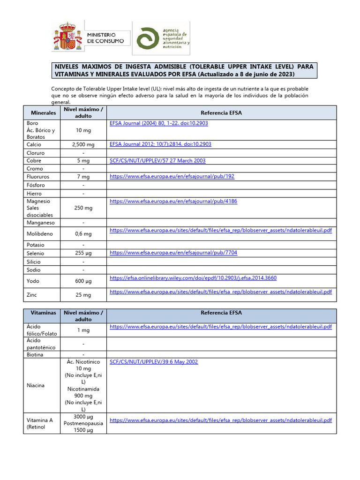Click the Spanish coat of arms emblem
click(x=66, y=37)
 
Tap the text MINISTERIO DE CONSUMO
click(x=106, y=38)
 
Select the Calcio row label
click(x=35, y=145)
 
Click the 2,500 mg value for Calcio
click(x=83, y=145)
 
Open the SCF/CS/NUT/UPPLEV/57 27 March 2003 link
click(x=157, y=161)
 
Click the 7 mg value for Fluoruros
click(x=83, y=177)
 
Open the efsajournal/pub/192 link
click(x=172, y=177)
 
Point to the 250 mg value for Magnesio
click(x=83, y=208)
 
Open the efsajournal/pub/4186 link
click(x=173, y=201)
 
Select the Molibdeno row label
click(x=40, y=233)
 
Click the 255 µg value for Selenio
click(x=83, y=253)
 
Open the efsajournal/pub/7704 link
click(x=173, y=253)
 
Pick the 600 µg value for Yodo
click(x=83, y=281)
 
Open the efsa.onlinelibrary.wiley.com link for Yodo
click(x=193, y=278)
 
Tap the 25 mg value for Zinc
click(x=83, y=295)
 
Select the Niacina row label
click(x=36, y=385)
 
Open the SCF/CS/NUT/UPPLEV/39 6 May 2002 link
click(x=154, y=362)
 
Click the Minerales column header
click(x=43, y=113)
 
